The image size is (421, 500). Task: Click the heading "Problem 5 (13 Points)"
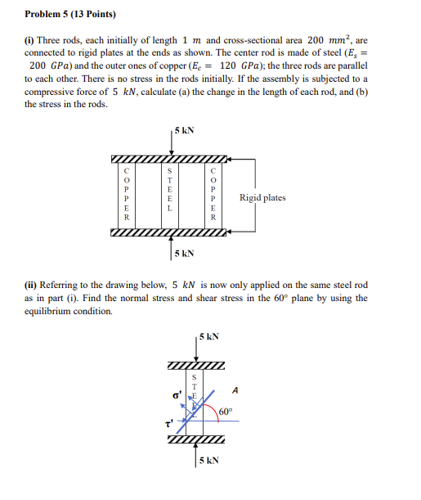[x=70, y=14]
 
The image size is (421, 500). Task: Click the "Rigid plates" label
[x=262, y=197]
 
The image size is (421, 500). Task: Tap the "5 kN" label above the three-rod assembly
[x=185, y=130]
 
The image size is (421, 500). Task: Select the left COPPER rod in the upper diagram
[x=126, y=196]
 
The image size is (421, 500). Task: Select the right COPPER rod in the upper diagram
[x=213, y=196]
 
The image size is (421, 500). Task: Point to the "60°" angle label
[x=225, y=412]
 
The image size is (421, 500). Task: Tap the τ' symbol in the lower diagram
[x=168, y=425]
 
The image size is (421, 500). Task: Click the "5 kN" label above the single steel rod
[x=208, y=336]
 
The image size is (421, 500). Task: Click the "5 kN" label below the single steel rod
[x=210, y=462]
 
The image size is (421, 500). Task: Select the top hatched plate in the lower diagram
[x=195, y=364]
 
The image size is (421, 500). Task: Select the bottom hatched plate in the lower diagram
[x=195, y=442]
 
